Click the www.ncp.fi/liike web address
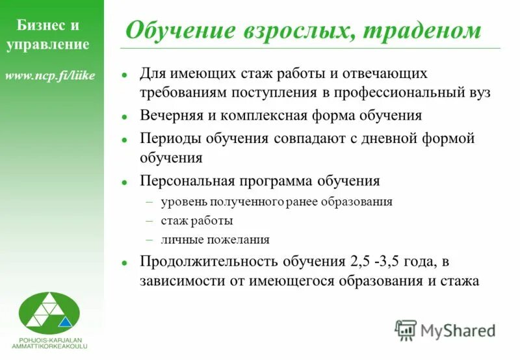[x=50, y=76]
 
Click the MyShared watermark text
[x=458, y=330]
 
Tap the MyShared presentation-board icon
[x=406, y=330]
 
